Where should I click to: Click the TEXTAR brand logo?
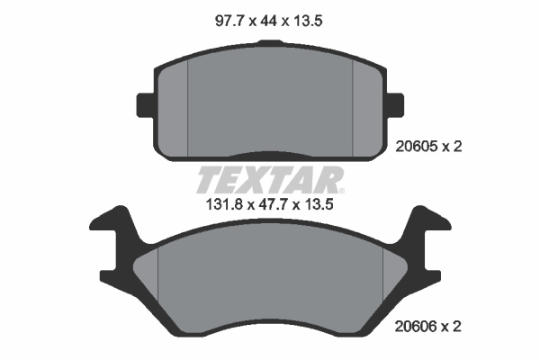pyautogui.click(x=269, y=180)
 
